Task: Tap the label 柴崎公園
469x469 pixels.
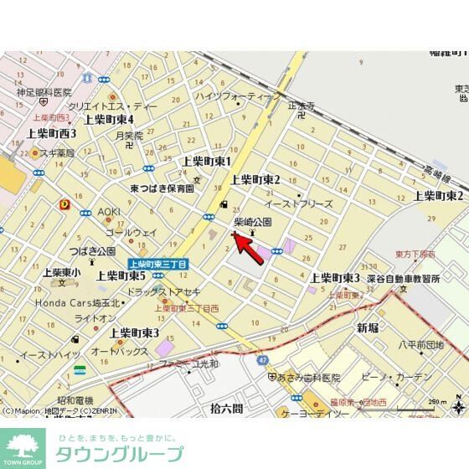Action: pyautogui.click(x=252, y=223)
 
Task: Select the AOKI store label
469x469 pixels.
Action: pyautogui.click(x=109, y=212)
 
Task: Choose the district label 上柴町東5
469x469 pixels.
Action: pyautogui.click(x=121, y=276)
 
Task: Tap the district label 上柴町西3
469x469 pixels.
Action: pyautogui.click(x=51, y=133)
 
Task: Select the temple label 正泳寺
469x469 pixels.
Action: pyautogui.click(x=300, y=106)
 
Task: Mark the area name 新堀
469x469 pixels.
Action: pyautogui.click(x=368, y=327)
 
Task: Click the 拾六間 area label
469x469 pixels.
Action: pyautogui.click(x=227, y=409)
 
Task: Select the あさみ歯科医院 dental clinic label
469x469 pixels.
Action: pyautogui.click(x=310, y=378)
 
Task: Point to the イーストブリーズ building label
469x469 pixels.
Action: pyautogui.click(x=299, y=204)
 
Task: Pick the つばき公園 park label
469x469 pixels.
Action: pyautogui.click(x=93, y=250)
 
